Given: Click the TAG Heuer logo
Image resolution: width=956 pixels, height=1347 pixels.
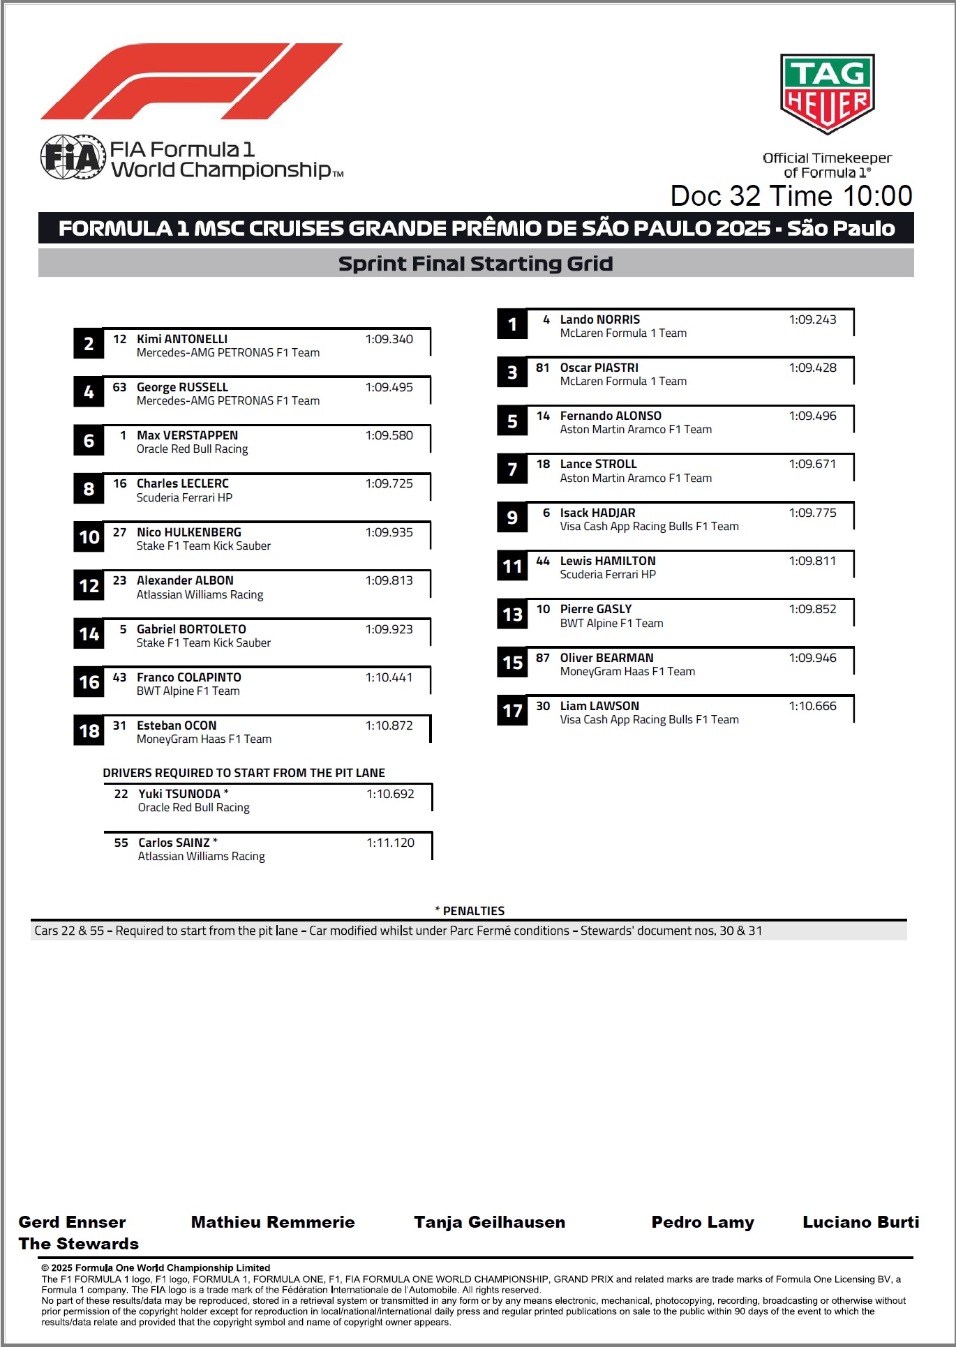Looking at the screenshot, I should [827, 93].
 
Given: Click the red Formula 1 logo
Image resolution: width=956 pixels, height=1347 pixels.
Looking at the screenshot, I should [190, 81].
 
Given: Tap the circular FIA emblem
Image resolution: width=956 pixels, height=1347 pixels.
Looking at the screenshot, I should [72, 156].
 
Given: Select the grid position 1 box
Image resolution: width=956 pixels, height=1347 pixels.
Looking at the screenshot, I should [512, 324].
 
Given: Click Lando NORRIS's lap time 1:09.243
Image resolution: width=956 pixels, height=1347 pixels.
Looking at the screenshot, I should [812, 319].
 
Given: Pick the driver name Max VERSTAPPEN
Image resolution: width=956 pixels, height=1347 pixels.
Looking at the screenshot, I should [187, 435].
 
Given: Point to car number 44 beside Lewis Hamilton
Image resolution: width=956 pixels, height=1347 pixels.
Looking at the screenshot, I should [543, 561].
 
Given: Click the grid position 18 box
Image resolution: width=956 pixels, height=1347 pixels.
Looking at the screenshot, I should [89, 731].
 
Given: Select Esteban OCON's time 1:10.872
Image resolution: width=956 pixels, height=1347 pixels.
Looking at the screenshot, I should [389, 725].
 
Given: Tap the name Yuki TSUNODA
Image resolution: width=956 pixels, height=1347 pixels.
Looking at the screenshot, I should [179, 794].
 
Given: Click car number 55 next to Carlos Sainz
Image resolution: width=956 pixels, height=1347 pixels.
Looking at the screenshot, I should [121, 843].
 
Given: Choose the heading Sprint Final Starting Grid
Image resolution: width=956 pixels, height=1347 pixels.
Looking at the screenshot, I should [475, 264].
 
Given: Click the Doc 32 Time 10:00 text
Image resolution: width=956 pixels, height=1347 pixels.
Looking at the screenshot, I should [791, 196].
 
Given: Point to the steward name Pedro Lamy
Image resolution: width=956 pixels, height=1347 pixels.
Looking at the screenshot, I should [703, 1222].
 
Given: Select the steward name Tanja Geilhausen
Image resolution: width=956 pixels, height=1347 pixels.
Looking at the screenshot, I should [489, 1222].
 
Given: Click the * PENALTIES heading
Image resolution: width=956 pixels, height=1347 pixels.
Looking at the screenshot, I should [470, 911].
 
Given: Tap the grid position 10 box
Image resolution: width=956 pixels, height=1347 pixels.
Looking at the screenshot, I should [89, 537].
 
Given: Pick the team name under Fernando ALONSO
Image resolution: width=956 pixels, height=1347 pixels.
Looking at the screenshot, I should [636, 430].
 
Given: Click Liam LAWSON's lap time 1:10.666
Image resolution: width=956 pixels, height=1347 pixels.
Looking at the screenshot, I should [812, 706].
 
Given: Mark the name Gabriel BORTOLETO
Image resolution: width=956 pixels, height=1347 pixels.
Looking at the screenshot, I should [191, 629].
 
